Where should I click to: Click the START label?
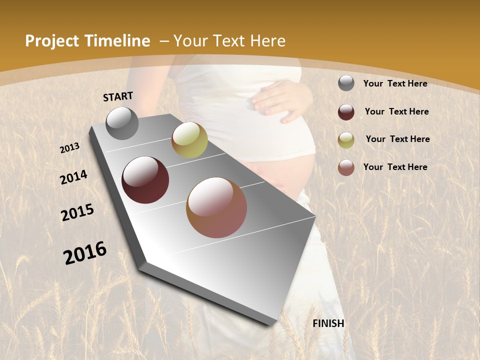pos(118,96)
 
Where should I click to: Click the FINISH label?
pos(328,323)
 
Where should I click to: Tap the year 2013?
pos(70,148)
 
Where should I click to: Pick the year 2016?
pos(85,252)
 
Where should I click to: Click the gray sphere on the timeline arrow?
pos(122,123)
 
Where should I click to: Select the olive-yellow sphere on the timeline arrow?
pos(189,140)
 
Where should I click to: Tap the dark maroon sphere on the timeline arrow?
pos(145,180)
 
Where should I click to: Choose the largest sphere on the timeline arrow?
pos(216,207)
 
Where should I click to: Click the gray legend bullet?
pos(346,83)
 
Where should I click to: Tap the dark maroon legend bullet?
pos(346,112)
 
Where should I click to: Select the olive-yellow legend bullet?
pos(346,139)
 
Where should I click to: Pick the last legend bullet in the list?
pos(346,167)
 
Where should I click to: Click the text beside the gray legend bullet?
pos(395,84)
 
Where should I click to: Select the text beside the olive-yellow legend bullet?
pos(397,139)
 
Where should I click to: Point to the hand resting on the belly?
pos(280,100)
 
